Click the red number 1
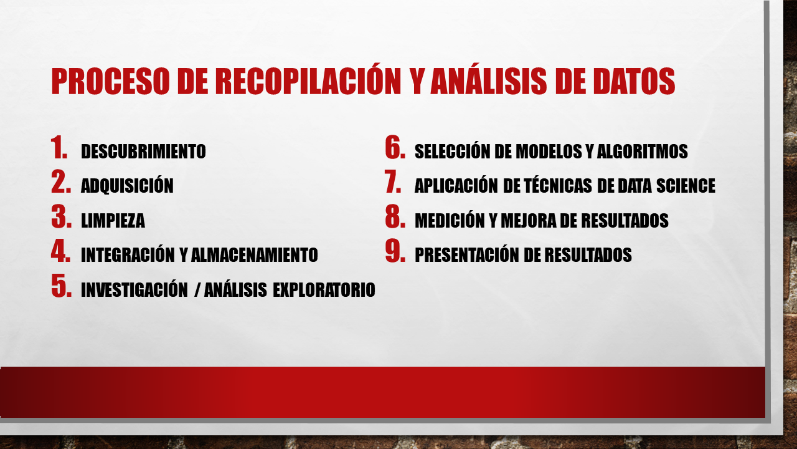[x=59, y=148]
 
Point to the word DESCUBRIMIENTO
[x=143, y=152]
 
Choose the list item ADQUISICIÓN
[x=127, y=186]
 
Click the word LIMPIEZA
[x=113, y=220]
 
